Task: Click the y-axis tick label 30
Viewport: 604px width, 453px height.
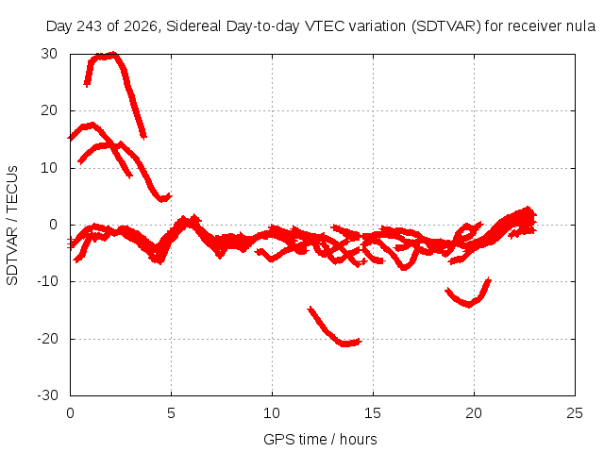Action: tap(49, 54)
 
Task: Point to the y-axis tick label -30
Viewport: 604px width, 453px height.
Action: tap(47, 395)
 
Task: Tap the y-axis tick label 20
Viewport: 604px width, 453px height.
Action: tap(49, 110)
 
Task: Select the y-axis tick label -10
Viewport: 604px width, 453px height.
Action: tap(47, 281)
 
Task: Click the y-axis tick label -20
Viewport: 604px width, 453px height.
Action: tap(47, 339)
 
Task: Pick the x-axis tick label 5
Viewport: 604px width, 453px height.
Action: tap(171, 413)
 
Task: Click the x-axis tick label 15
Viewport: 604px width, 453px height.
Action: tap(373, 413)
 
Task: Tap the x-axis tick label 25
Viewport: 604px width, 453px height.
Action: tap(575, 413)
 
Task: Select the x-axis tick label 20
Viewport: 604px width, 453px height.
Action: tap(474, 413)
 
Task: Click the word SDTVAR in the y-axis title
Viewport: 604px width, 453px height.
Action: tap(12, 256)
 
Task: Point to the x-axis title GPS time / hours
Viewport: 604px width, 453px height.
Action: tap(320, 439)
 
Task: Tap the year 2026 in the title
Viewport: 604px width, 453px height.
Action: tap(141, 26)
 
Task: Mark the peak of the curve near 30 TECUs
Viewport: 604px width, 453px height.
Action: tap(113, 54)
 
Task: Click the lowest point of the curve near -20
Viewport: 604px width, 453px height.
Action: tap(345, 344)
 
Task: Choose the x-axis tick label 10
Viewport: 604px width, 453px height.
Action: tap(272, 413)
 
